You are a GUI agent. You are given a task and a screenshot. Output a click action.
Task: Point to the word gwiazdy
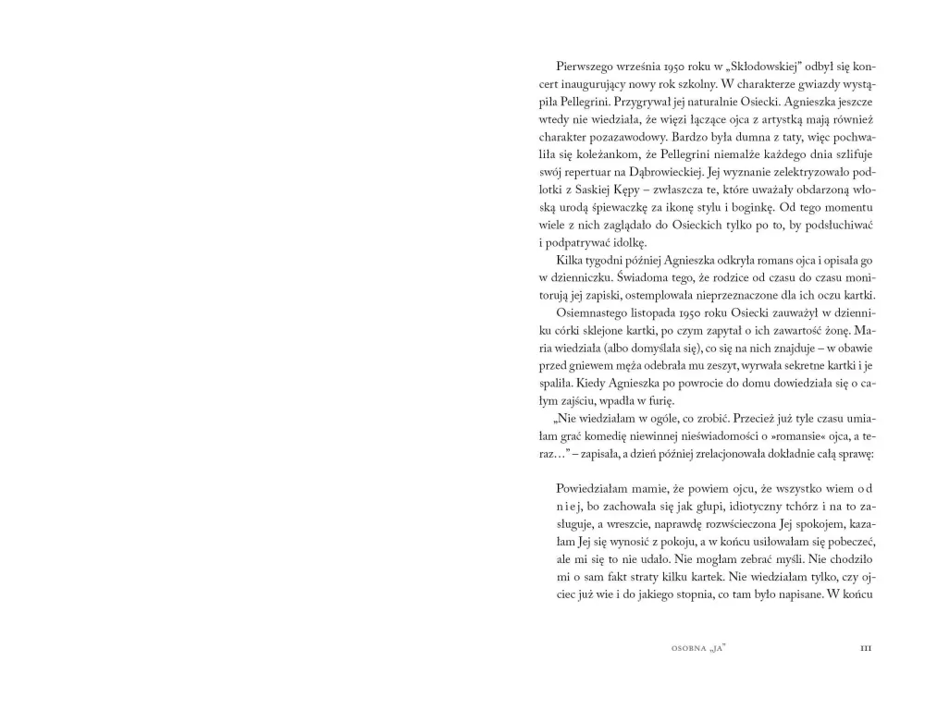coord(806,84)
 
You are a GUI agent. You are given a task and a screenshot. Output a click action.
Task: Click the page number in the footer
coord(866,648)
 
